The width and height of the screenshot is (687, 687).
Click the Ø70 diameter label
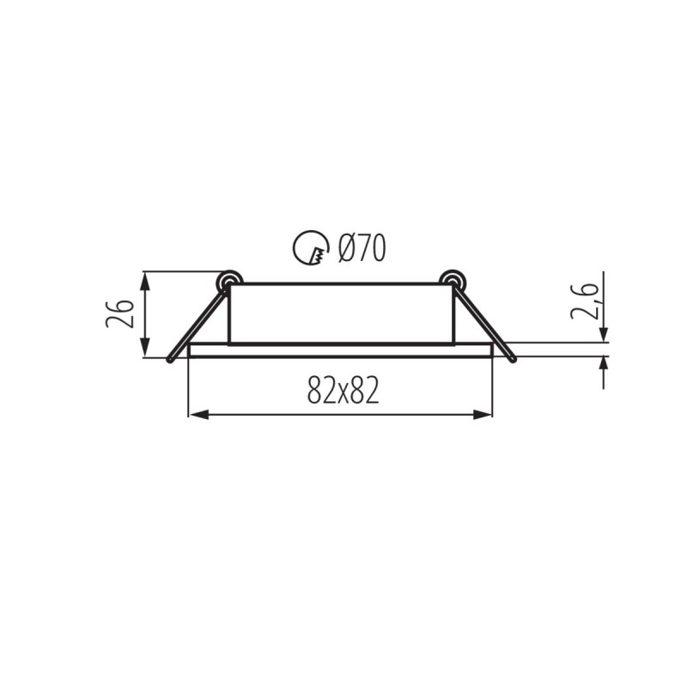pyautogui.click(x=362, y=248)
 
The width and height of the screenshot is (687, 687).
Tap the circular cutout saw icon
pyautogui.click(x=310, y=249)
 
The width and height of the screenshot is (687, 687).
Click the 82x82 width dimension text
pyautogui.click(x=342, y=392)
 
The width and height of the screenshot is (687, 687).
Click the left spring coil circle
pyautogui.click(x=228, y=281)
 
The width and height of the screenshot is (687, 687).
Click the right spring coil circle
pyautogui.click(x=451, y=281)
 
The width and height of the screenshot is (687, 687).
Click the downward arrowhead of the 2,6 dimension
pyautogui.click(x=605, y=335)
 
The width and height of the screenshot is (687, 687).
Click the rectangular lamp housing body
pyautogui.click(x=340, y=313)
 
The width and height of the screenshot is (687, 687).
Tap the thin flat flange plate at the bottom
pyautogui.click(x=340, y=350)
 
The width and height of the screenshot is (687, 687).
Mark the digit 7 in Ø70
pyautogui.click(x=362, y=248)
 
